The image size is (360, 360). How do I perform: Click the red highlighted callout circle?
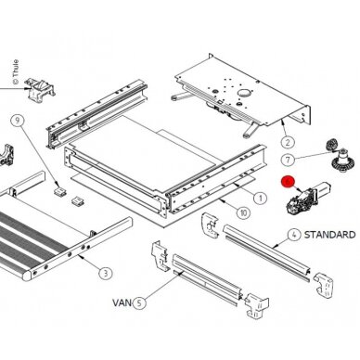pos(288,182)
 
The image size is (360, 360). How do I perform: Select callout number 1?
pos(260,198)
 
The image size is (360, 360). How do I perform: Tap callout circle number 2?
pos(288,143)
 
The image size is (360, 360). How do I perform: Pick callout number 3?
pos(106,273)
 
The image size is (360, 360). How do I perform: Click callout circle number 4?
pos(294,235)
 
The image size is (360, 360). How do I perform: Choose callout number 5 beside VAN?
pos(139,302)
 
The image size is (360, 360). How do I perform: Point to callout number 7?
pos(288,160)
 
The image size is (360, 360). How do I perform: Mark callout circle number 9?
pos(18,120)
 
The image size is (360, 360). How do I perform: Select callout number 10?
pos(243,212)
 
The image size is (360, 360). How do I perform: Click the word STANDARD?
pos(329,235)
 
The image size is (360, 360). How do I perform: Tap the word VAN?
pos(122,302)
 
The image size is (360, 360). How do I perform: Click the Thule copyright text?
pos(15,71)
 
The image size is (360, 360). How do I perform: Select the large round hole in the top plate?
pos(244,93)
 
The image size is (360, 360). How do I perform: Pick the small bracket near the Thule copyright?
pos(40,89)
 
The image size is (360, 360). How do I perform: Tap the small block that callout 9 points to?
pos(60,190)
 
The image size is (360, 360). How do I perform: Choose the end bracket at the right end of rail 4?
pos(323,285)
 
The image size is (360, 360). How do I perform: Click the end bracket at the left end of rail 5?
pos(160,256)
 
